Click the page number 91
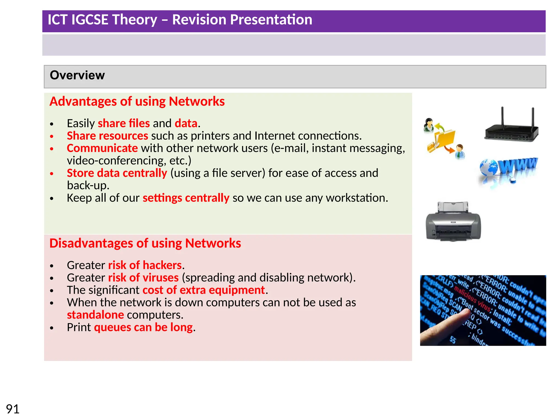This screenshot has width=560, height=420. [13, 409]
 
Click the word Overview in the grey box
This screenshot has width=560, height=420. [77, 75]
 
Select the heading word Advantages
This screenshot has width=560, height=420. [83, 101]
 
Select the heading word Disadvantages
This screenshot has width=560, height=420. [91, 243]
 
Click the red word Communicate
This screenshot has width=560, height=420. [102, 148]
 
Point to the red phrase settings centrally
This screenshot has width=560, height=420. [186, 198]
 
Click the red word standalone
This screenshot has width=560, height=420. [95, 315]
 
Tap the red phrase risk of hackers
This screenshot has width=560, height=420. [145, 265]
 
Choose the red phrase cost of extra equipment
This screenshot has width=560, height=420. [203, 290]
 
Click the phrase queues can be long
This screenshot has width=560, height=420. [143, 327]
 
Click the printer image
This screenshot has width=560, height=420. [453, 221]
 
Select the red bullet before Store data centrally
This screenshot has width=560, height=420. [52, 174]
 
